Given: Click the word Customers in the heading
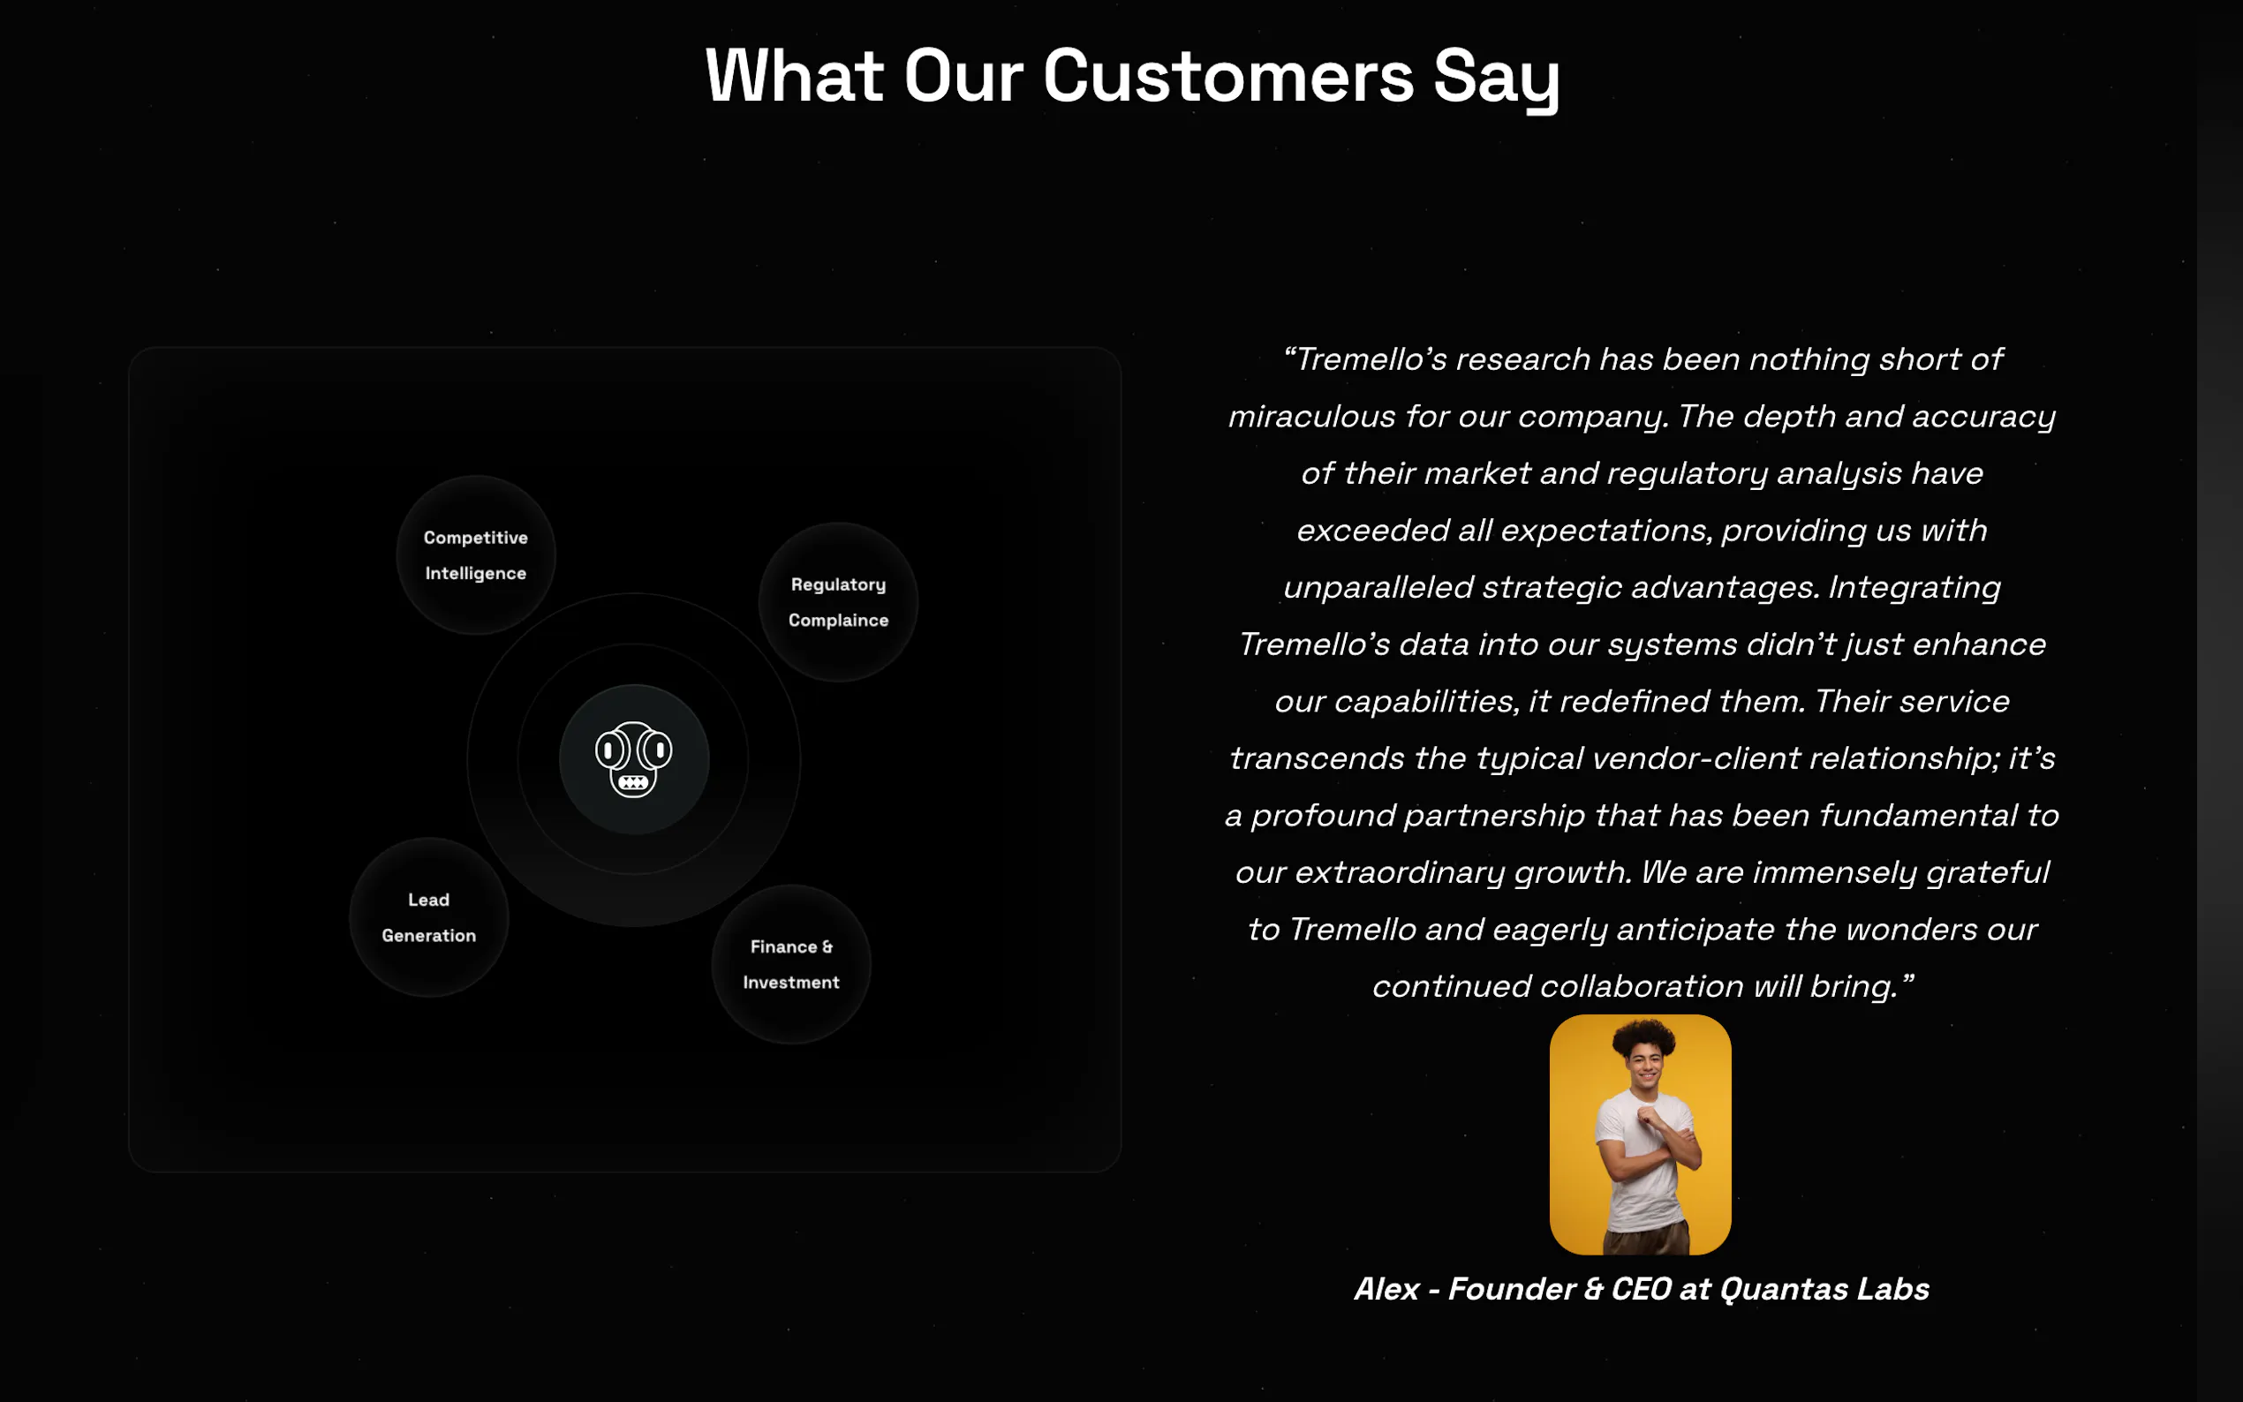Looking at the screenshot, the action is (x=1228, y=76).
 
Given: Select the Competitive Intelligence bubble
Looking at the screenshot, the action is (x=476, y=555).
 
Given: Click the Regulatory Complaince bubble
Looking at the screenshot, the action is (x=838, y=603).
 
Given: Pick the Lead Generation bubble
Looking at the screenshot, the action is (x=428, y=918).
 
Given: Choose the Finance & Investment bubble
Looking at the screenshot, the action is (x=791, y=964).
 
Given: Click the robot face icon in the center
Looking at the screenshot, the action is (x=633, y=759).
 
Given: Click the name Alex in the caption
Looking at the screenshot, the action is (x=1387, y=1289).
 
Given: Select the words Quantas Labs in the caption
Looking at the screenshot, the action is (x=1824, y=1289).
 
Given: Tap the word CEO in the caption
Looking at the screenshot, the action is (x=1642, y=1289).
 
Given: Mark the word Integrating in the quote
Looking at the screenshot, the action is (x=1914, y=588).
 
